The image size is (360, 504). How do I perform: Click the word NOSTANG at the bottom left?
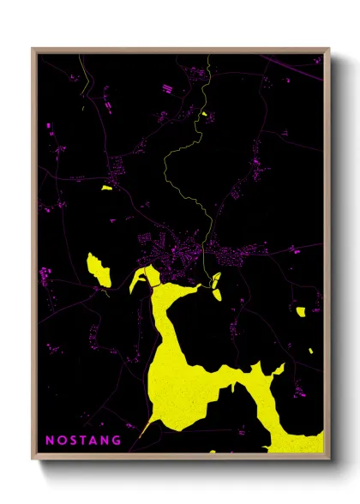82,440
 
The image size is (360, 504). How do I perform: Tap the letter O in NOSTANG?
61,440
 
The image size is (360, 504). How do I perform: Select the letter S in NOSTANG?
73,440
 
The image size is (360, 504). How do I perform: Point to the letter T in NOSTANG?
83,440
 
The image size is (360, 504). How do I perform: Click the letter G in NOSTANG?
117,440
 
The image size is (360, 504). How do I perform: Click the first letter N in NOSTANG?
49,440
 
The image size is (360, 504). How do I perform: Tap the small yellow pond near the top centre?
204,113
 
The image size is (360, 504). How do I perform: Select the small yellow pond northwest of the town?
106,187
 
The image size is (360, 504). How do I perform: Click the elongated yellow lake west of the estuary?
99,271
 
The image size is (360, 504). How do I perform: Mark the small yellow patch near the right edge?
301,311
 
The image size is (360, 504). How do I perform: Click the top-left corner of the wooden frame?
33,50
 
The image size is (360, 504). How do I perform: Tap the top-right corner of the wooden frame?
328,50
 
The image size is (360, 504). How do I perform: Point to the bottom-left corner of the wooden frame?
33,459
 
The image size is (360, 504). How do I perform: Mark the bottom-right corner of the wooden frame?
328,459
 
